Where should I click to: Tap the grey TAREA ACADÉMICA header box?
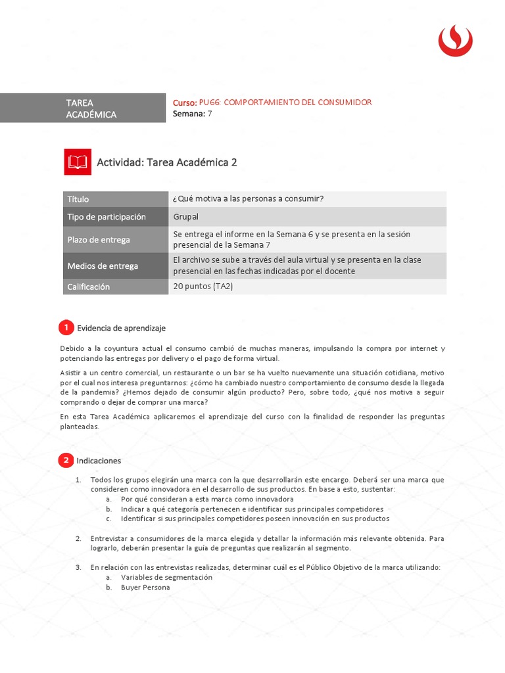tap(114, 108)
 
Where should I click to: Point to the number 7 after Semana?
tap(210, 114)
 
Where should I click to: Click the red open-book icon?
tap(78, 162)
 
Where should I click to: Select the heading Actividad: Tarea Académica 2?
tap(167, 162)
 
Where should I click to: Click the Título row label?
tap(78, 199)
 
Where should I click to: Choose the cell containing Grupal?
tap(185, 217)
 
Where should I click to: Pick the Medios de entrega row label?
tap(103, 266)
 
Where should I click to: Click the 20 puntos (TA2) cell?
tap(203, 287)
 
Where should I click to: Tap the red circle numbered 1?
tap(66, 327)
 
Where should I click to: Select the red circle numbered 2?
tap(66, 461)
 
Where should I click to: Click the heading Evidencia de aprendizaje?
tap(122, 327)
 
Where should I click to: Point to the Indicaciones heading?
tap(99, 461)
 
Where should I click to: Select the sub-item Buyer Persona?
tap(145, 588)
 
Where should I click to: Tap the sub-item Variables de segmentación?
tap(166, 577)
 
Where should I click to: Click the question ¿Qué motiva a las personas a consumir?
tap(249, 199)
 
